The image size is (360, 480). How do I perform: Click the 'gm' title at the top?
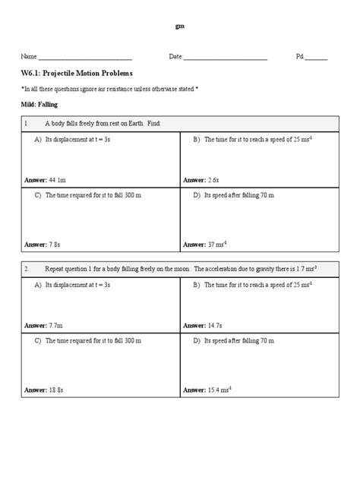pos(179,26)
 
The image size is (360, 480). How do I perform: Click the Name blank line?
pos(85,58)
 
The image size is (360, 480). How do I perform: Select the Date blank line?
pos(225,58)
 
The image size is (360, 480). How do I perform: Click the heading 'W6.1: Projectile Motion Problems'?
pos(77,74)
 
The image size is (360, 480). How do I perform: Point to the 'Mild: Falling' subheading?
pos(39,104)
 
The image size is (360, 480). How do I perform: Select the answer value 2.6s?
pos(213,180)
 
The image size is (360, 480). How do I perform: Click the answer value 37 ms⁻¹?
pos(218,245)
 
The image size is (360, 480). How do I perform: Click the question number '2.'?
pos(27,268)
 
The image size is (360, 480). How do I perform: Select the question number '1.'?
pos(27,123)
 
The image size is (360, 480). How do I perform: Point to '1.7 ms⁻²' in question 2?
pos(307,268)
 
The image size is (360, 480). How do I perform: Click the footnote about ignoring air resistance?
pos(111,89)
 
